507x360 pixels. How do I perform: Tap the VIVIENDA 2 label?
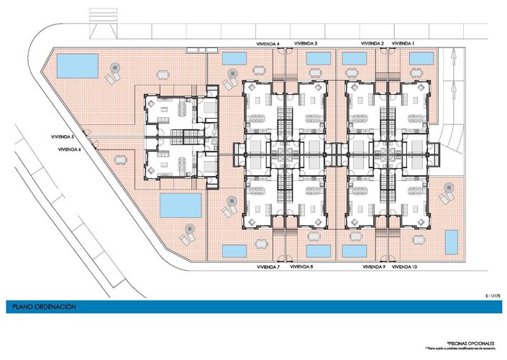pyautogui.click(x=373, y=44)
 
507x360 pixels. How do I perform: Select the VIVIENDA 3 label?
pyautogui.click(x=306, y=44)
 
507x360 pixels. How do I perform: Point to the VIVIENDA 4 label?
pyautogui.click(x=268, y=44)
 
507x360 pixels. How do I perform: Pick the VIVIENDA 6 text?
pyautogui.click(x=65, y=149)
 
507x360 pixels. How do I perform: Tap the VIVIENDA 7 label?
pyautogui.click(x=268, y=267)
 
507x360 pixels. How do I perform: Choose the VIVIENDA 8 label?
pyautogui.click(x=301, y=267)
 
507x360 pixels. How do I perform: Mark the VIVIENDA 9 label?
pyautogui.click(x=374, y=267)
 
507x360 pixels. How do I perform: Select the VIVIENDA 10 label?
pyautogui.click(x=406, y=267)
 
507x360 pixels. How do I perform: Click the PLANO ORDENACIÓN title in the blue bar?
pyautogui.click(x=44, y=307)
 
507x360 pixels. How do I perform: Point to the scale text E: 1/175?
pyautogui.click(x=493, y=295)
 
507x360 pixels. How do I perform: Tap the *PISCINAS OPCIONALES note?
pyautogui.click(x=467, y=343)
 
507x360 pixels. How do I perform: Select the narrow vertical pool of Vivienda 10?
pyautogui.click(x=452, y=242)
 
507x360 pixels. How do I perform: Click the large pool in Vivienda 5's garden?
pyautogui.click(x=78, y=67)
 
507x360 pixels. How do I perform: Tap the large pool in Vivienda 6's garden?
pyautogui.click(x=180, y=206)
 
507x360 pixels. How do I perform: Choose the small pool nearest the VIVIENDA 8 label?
pyautogui.click(x=318, y=251)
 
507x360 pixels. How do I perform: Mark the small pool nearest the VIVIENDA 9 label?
pyautogui.click(x=352, y=251)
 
